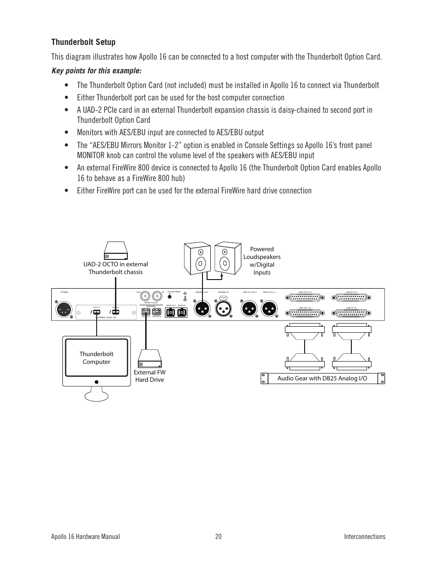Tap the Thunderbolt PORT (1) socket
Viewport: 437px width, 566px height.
(x=97, y=312)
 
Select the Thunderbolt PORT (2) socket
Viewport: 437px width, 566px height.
(x=115, y=312)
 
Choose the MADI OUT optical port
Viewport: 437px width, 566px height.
(x=170, y=312)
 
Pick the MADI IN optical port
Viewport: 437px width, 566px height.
(x=181, y=312)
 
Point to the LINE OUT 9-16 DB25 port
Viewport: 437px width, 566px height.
(x=305, y=298)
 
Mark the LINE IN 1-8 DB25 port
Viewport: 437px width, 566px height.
(x=351, y=313)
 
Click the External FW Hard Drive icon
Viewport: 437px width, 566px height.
(x=150, y=358)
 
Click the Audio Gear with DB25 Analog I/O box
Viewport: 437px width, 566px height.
(x=322, y=378)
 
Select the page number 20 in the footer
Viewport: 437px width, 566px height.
(x=218, y=537)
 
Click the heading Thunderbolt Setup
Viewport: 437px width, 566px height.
(x=83, y=42)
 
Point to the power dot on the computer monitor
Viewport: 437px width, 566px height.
(x=97, y=381)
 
